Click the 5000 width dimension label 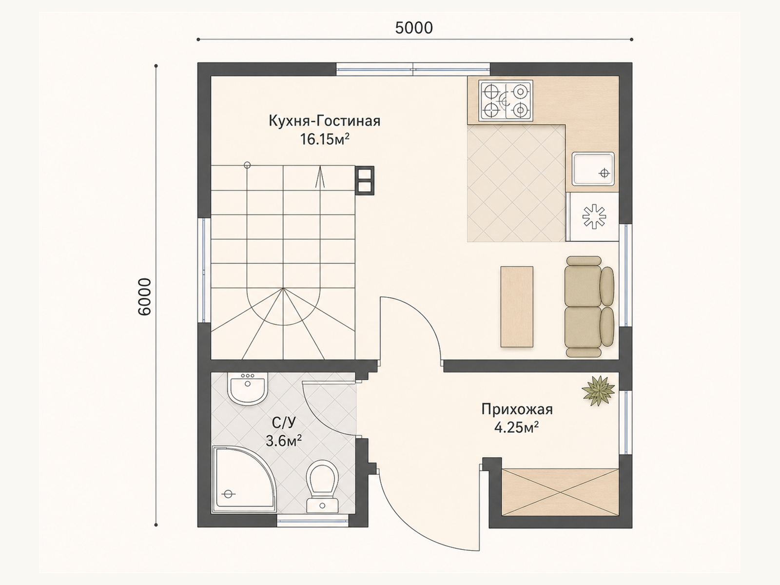click(x=414, y=28)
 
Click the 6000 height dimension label click(x=145, y=297)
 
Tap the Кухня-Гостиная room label click(x=325, y=121)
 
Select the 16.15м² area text click(x=325, y=139)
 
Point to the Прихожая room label click(x=517, y=409)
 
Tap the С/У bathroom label click(x=284, y=423)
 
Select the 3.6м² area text click(x=284, y=442)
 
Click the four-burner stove click(x=506, y=100)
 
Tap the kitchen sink click(x=593, y=169)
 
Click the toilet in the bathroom click(x=322, y=486)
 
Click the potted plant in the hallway click(x=598, y=390)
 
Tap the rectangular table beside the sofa click(x=517, y=307)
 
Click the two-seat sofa click(x=589, y=307)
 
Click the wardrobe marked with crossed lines click(x=560, y=492)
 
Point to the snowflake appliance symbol click(x=594, y=216)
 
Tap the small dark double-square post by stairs click(x=365, y=180)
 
